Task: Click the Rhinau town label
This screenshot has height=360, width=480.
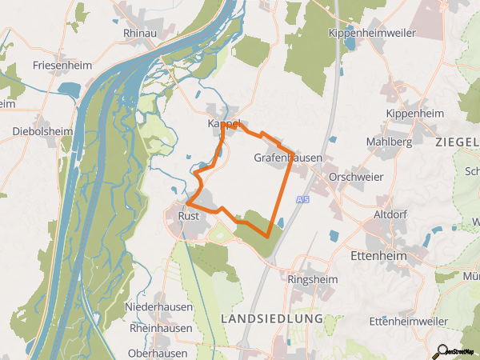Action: [x=141, y=34]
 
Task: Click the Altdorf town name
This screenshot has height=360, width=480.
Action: [x=391, y=215]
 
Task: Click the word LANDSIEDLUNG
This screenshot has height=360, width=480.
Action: [x=270, y=318]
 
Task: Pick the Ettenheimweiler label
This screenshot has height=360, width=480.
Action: [x=409, y=321]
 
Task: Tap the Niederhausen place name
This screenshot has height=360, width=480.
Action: [x=159, y=306]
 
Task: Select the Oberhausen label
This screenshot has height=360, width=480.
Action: [x=158, y=352]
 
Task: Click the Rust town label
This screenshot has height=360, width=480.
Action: [x=188, y=215]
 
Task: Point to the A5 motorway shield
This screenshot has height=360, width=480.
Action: [x=302, y=199]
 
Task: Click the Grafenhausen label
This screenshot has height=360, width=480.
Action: [x=288, y=158]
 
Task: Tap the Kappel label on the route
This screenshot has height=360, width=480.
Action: [x=224, y=124]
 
